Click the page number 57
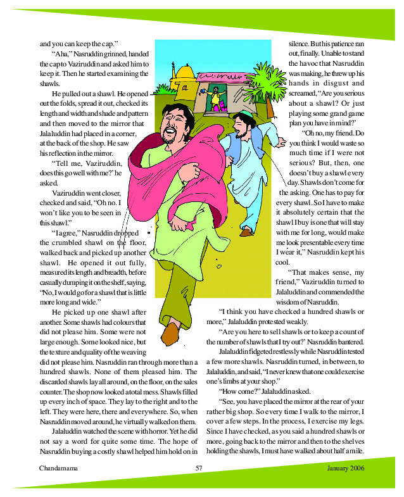[x=198, y=468]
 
